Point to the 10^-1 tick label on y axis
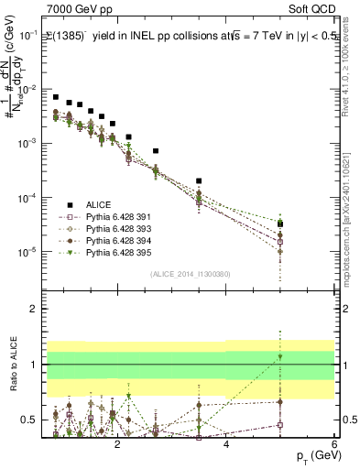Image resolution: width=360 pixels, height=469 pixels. [x=28, y=36]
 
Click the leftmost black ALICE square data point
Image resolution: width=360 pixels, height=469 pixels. [x=56, y=97]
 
